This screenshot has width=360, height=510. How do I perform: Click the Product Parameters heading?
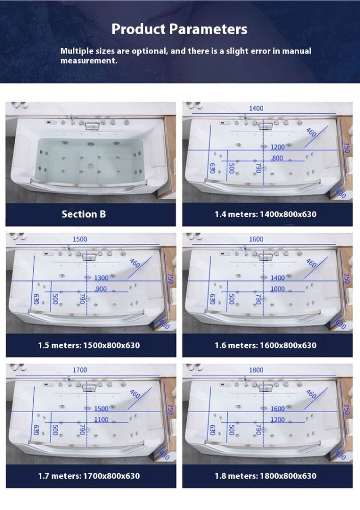click(x=179, y=29)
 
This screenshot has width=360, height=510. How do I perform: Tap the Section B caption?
click(x=84, y=214)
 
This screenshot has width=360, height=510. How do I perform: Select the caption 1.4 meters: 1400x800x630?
click(x=265, y=214)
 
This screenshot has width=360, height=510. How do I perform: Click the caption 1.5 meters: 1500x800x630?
click(x=89, y=345)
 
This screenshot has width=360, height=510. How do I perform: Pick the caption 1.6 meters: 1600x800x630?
click(x=265, y=345)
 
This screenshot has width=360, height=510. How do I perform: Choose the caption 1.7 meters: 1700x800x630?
click(x=89, y=476)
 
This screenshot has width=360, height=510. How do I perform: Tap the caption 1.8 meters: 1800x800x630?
click(x=265, y=476)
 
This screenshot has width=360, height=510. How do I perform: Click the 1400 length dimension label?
click(x=256, y=108)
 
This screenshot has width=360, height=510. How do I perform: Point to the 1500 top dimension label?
click(x=80, y=239)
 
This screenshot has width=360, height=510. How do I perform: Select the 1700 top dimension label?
click(x=80, y=370)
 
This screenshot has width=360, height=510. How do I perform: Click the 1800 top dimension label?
click(x=256, y=370)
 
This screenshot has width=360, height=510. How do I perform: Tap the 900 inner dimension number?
click(x=101, y=289)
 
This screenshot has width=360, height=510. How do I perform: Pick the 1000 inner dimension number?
click(x=277, y=289)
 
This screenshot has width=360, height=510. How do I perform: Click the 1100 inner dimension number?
click(x=101, y=420)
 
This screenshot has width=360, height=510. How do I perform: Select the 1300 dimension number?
click(x=101, y=278)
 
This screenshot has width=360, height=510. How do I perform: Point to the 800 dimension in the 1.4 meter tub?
click(x=277, y=158)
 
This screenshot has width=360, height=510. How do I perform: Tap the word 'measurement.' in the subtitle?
click(x=89, y=61)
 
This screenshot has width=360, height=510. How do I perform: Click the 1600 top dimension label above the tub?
click(x=256, y=239)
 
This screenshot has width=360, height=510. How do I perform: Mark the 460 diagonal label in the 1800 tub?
click(x=311, y=394)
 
